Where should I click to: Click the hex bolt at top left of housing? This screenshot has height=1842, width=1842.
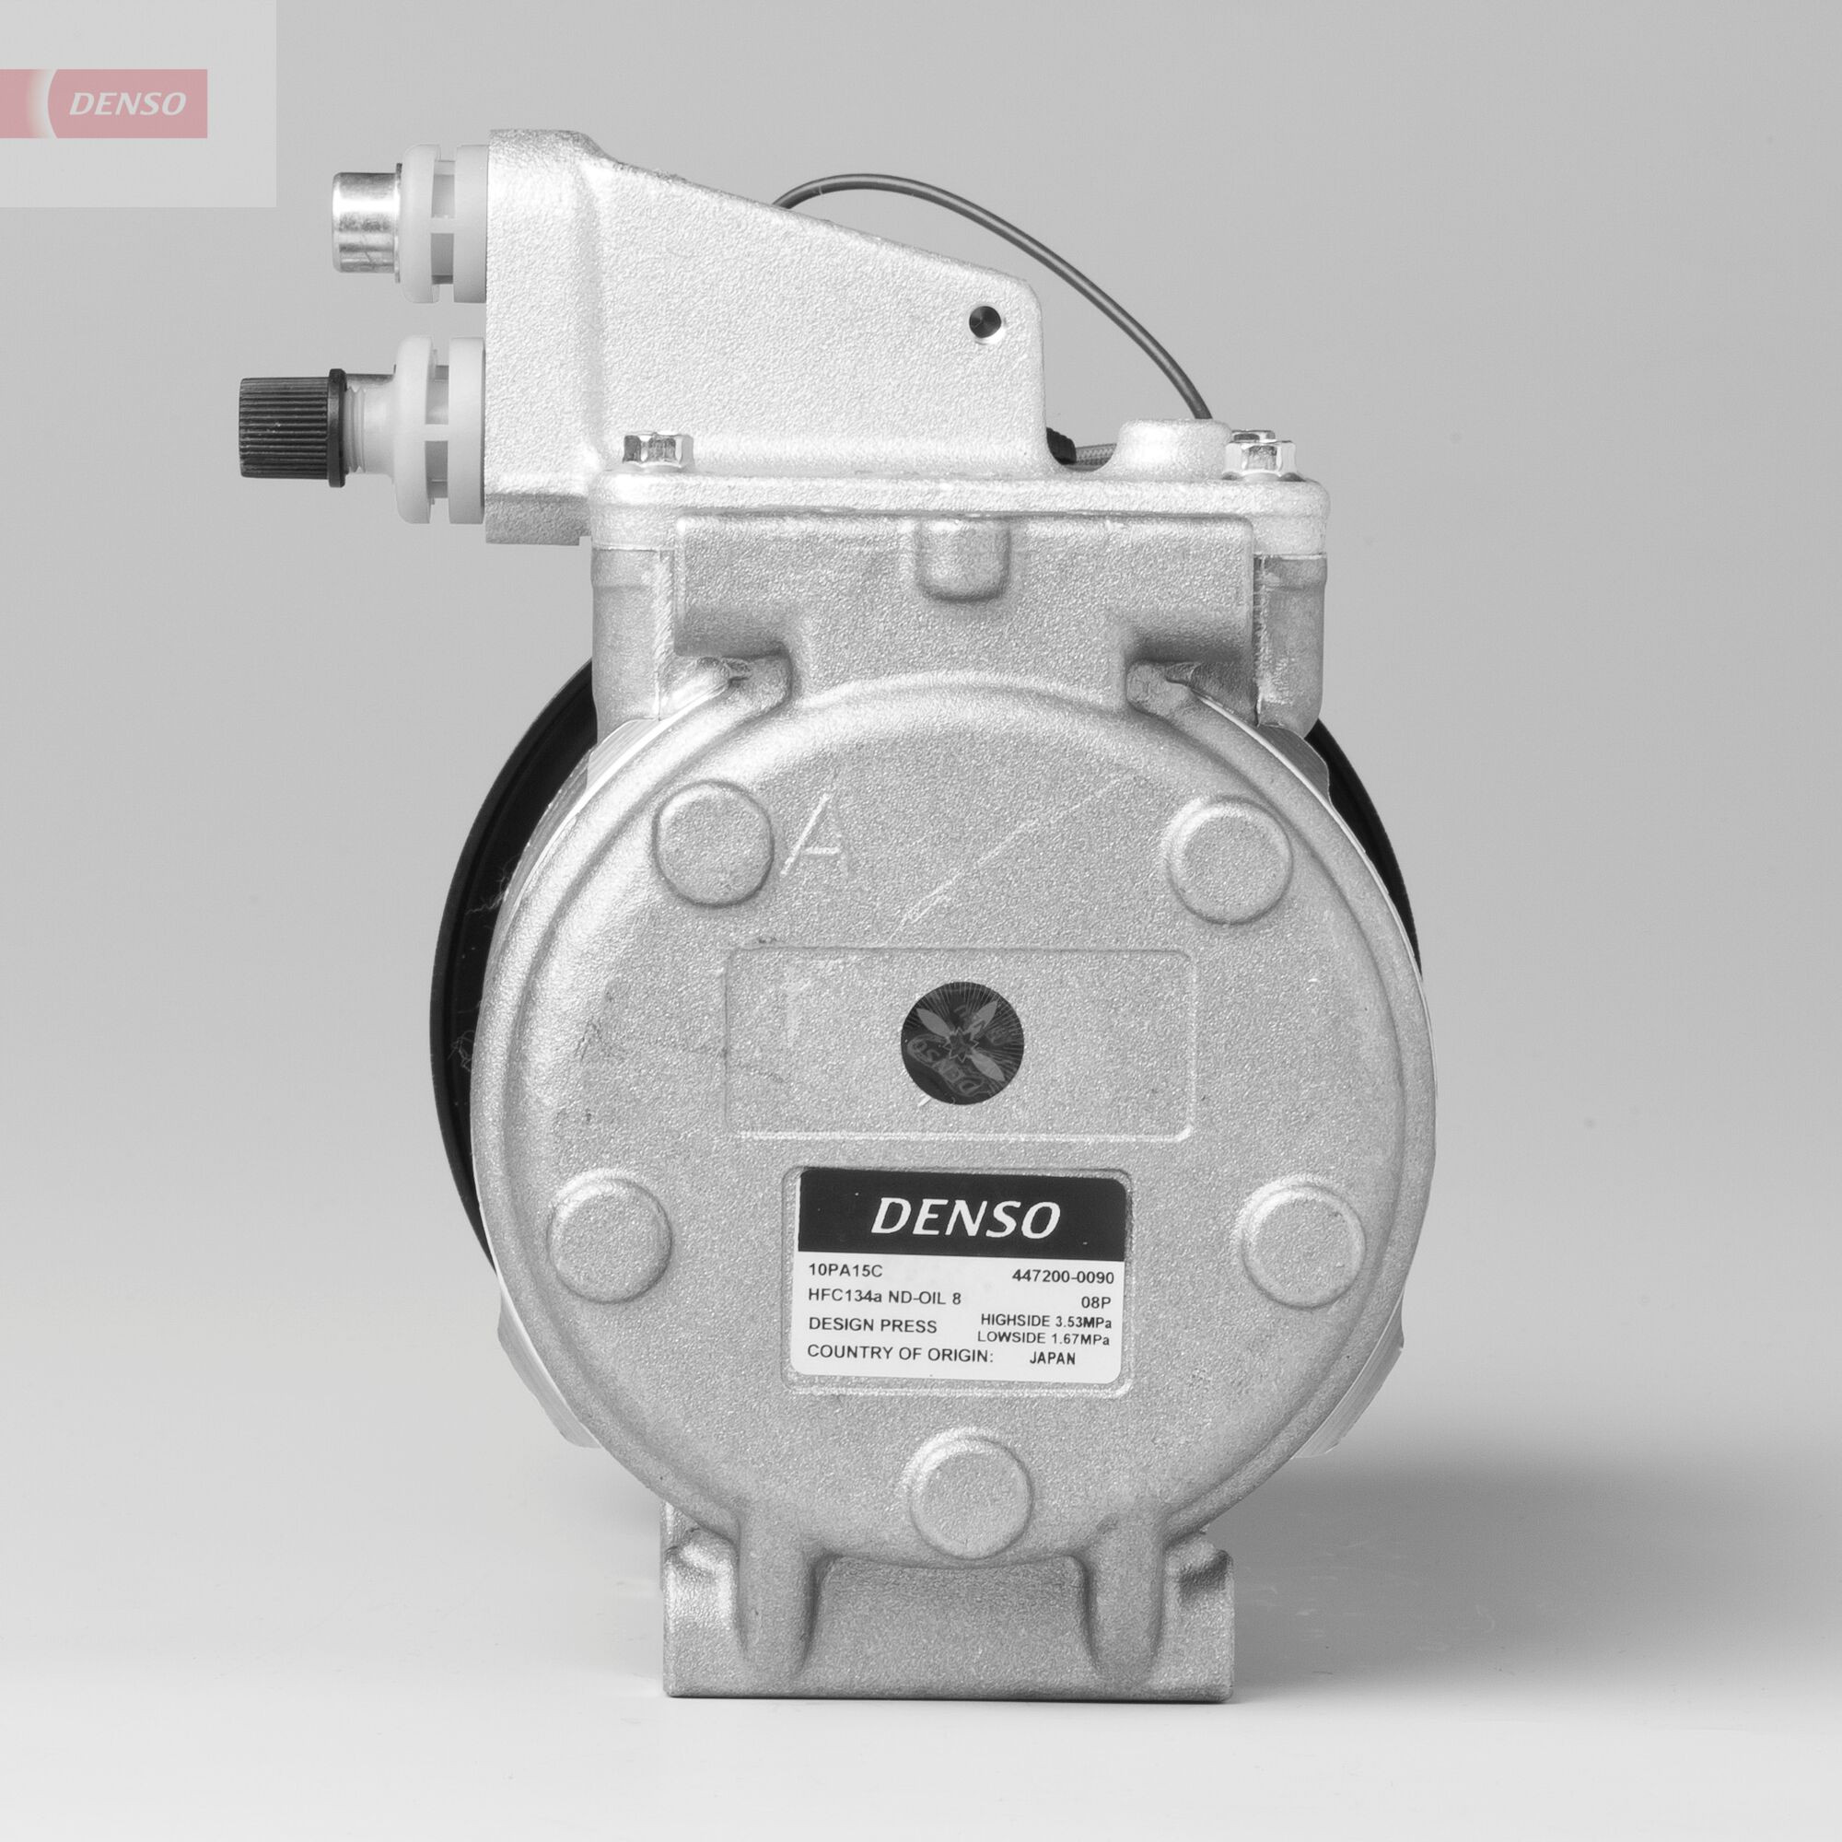tap(657, 449)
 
